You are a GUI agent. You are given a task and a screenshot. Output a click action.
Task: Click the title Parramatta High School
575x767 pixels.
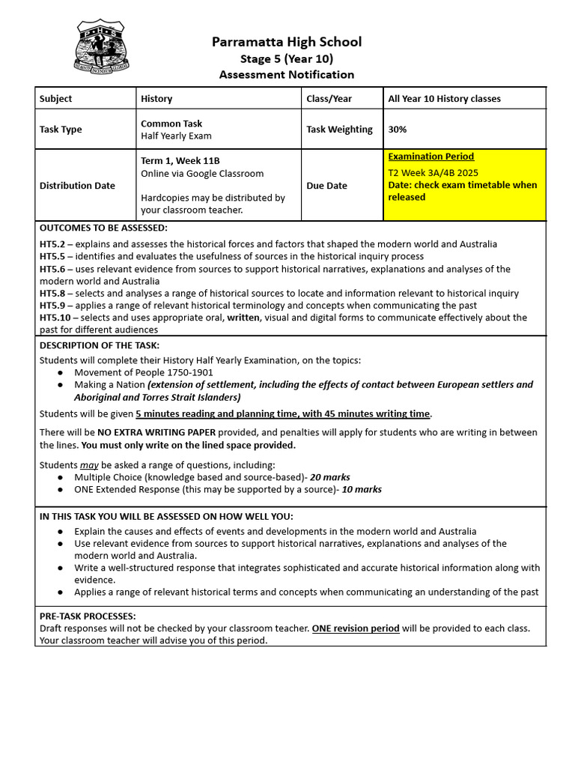[x=287, y=42]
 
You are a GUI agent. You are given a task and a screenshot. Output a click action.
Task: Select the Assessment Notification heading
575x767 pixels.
[x=287, y=75]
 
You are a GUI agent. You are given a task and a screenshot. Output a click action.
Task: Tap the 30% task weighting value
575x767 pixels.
[x=398, y=130]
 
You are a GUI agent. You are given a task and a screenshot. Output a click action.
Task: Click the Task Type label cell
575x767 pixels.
[x=61, y=130]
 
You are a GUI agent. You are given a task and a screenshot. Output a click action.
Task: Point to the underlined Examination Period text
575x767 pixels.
[x=431, y=157]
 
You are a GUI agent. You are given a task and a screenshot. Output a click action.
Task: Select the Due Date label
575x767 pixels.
[x=327, y=186]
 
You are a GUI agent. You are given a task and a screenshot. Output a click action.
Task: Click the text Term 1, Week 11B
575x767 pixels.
[x=180, y=161]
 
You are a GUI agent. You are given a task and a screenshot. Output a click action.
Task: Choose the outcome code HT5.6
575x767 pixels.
[x=52, y=269]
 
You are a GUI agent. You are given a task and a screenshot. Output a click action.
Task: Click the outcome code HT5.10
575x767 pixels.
[x=55, y=318]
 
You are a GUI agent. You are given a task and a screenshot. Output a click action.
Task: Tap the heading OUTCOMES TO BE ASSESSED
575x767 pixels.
[x=103, y=228]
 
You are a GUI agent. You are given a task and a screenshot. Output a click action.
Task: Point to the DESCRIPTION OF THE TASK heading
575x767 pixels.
[x=99, y=345]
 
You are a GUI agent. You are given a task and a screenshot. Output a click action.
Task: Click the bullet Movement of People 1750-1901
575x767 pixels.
[x=144, y=372]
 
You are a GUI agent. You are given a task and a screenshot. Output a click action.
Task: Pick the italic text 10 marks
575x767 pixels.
[x=362, y=489]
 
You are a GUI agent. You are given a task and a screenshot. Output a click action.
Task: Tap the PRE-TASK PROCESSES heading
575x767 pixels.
[x=88, y=616]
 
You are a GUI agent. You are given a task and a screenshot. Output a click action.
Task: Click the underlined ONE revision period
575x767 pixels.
[x=356, y=628]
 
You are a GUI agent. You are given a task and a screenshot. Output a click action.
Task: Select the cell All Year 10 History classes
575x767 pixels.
[x=444, y=99]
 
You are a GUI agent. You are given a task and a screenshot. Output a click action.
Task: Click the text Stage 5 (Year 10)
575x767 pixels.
[x=287, y=58]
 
